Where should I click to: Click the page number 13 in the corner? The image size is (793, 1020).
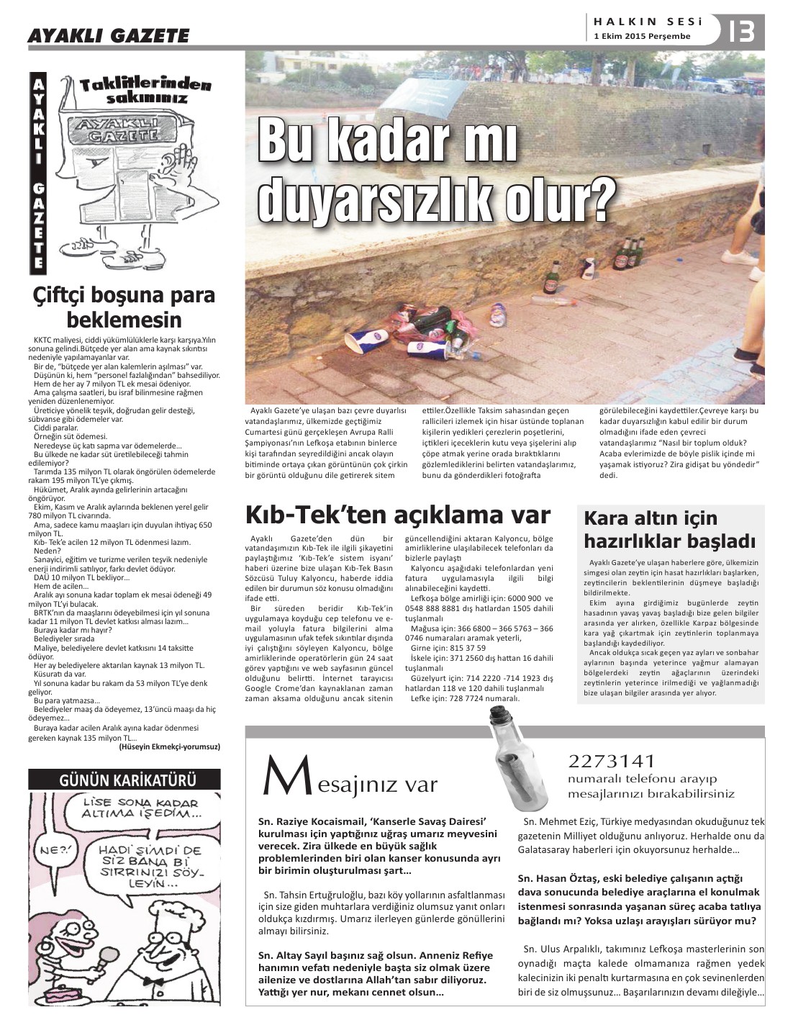pyautogui.click(x=741, y=32)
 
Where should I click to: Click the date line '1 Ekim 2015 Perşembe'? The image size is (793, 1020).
pyautogui.click(x=642, y=36)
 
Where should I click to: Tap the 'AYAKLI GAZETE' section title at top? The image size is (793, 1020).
pyautogui.click(x=108, y=35)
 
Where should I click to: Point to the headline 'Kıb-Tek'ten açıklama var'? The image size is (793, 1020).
pyautogui.click(x=398, y=515)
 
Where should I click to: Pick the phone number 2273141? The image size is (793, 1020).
pyautogui.click(x=612, y=761)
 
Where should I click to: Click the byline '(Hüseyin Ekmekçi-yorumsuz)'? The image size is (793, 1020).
pyautogui.click(x=169, y=747)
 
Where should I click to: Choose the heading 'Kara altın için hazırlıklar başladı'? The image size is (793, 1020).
pyautogui.click(x=669, y=529)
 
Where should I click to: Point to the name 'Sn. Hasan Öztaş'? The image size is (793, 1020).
pyautogui.click(x=558, y=878)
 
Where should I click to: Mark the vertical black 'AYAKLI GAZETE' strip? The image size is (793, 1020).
pyautogui.click(x=38, y=173)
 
